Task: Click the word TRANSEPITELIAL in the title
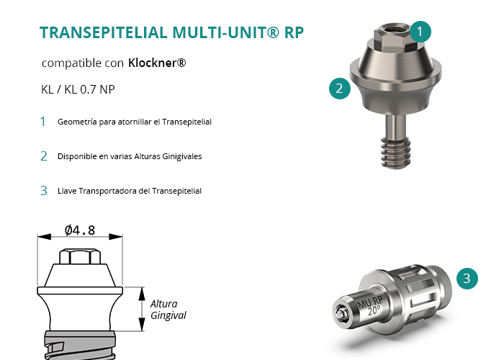pyautogui.click(x=104, y=32)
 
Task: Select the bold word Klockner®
pyautogui.click(x=157, y=63)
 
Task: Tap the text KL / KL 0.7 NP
pyautogui.click(x=78, y=89)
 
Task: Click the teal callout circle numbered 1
pyautogui.click(x=420, y=32)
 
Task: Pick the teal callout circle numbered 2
pyautogui.click(x=340, y=89)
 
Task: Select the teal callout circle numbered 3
pyautogui.click(x=467, y=279)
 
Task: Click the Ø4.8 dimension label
pyautogui.click(x=80, y=230)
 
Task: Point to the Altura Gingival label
pyautogui.click(x=168, y=310)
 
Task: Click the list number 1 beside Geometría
pyautogui.click(x=42, y=122)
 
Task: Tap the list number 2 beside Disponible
pyautogui.click(x=43, y=156)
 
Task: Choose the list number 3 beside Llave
pyautogui.click(x=43, y=191)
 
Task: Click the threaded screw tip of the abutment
pyautogui.click(x=396, y=152)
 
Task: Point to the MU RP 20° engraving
pyautogui.click(x=371, y=305)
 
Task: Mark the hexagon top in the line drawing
pyautogui.click(x=80, y=256)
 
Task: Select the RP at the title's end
pyautogui.click(x=294, y=32)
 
